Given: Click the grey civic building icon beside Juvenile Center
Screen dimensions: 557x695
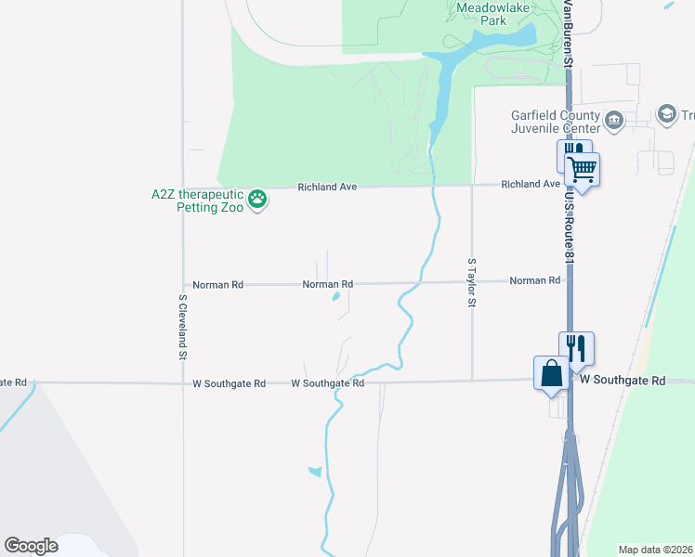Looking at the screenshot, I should [614, 120].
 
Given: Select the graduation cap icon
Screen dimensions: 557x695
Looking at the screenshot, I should [666, 114].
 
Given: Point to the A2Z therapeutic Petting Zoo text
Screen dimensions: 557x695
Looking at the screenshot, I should [197, 201].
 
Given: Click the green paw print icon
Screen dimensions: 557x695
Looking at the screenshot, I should [258, 199].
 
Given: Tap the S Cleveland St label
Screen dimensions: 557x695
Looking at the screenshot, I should [183, 327].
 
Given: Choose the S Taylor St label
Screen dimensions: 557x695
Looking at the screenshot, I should [472, 283].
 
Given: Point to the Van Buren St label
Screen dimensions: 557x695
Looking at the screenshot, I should [566, 32].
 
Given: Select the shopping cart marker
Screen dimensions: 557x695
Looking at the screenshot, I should [582, 171].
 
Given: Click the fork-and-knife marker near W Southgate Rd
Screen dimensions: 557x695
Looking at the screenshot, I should [576, 349].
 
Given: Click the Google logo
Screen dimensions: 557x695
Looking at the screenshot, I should [32, 546].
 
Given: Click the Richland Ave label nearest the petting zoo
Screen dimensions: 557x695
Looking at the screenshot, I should [327, 187].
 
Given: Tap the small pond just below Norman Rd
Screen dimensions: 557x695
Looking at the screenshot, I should [335, 298].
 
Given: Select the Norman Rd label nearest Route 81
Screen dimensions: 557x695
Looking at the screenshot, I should [535, 280].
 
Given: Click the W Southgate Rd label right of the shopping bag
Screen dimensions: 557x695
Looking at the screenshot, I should [623, 381].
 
